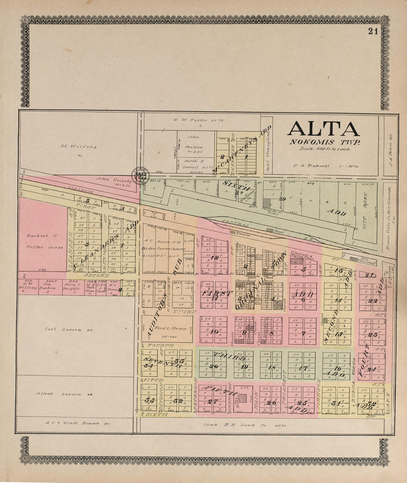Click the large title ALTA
323,129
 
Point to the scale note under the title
324,149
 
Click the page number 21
373,32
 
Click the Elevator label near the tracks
243,235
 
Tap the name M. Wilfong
78,146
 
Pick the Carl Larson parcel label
68,329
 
